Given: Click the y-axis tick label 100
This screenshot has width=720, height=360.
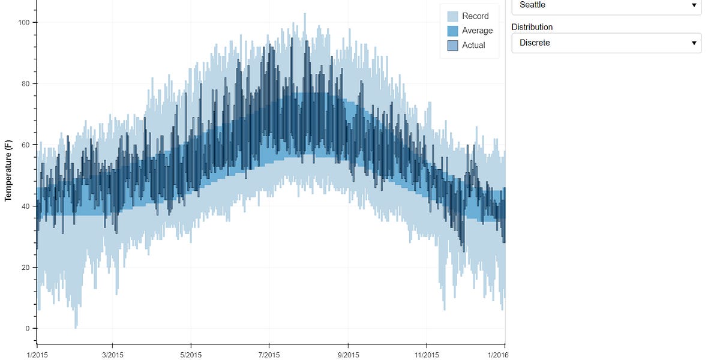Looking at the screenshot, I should click(23, 23).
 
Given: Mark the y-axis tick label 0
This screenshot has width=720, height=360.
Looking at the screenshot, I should click(27, 329).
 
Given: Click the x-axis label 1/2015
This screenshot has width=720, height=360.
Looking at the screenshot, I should click(37, 355).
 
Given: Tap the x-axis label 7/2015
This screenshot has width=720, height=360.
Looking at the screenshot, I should click(268, 355).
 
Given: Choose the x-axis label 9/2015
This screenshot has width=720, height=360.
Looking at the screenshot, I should click(348, 355).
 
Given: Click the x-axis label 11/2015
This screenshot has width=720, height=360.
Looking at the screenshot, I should click(426, 355).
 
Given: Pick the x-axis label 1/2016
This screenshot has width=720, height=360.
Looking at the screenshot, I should click(505, 355).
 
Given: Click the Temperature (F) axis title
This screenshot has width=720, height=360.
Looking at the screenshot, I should click(9, 170).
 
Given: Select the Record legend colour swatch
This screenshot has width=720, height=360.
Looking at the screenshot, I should click(453, 16).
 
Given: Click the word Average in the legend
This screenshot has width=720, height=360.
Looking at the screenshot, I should click(477, 31).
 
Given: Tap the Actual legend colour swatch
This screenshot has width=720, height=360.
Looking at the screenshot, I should click(453, 45).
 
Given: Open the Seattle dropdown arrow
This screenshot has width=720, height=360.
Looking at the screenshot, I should click(694, 5).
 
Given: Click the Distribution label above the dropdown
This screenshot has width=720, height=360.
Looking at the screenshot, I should click(532, 27).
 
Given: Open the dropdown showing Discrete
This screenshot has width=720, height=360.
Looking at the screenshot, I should click(606, 43).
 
